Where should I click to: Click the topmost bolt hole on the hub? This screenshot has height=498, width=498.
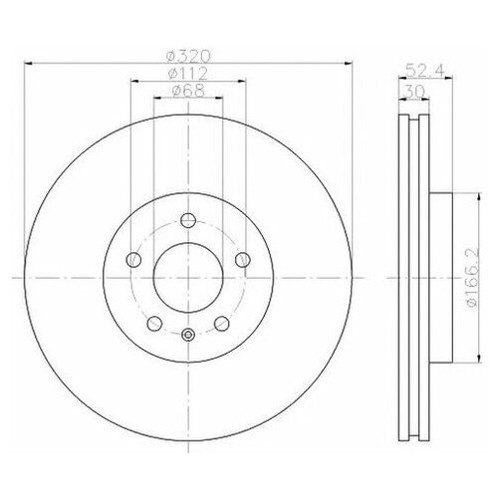point(187,222)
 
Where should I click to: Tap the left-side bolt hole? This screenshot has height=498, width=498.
point(132,260)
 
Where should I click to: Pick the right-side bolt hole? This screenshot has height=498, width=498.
point(241,260)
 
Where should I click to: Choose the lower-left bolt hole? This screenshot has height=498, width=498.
point(153,324)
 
